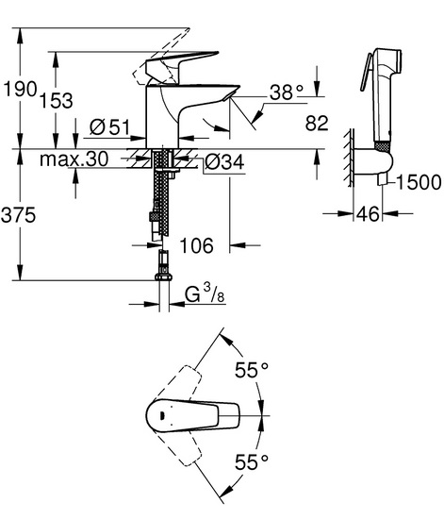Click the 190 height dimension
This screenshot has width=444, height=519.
click(19, 89)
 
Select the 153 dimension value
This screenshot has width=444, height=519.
click(57, 100)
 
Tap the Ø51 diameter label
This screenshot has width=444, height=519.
click(110, 126)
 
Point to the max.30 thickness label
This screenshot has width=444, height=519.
click(74, 159)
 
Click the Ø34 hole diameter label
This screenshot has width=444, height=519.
click(224, 162)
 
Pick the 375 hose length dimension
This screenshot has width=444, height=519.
click(19, 215)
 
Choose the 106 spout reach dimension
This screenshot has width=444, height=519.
click(197, 245)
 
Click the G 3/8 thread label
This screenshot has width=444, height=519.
click(205, 293)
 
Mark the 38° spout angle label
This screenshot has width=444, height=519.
click(287, 92)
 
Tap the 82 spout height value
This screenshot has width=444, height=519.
click(317, 123)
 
